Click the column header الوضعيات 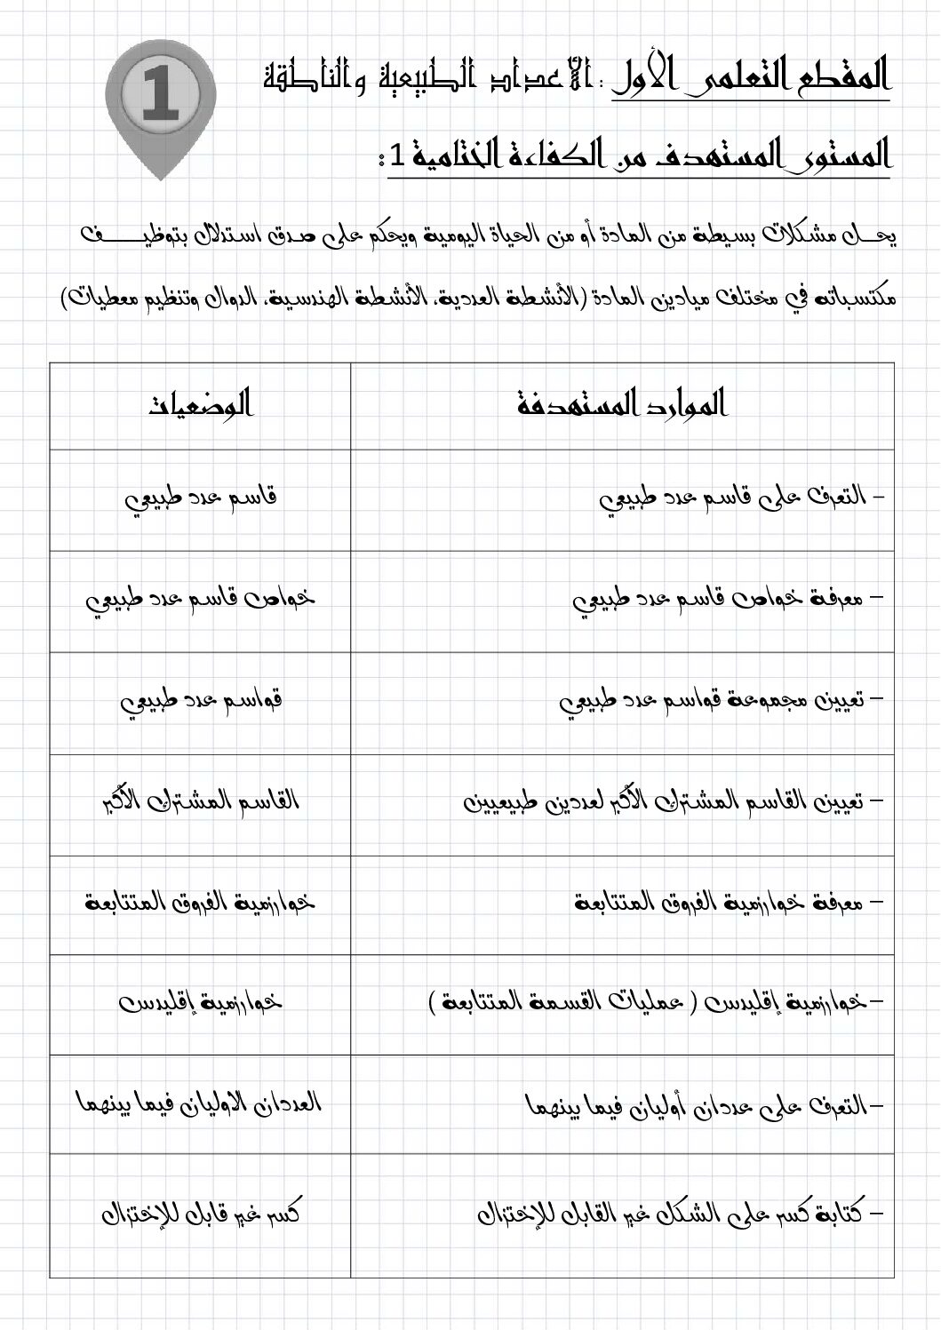(x=201, y=405)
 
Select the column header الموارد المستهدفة (x=622, y=405)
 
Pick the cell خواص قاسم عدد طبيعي (x=201, y=601)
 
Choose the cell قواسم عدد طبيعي (x=201, y=702)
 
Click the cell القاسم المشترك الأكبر (x=201, y=803)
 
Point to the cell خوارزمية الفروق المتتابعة (x=201, y=904)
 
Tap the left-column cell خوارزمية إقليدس (x=201, y=1004)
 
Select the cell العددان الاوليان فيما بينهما (x=201, y=1104)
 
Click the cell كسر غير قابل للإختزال (x=201, y=1213)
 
